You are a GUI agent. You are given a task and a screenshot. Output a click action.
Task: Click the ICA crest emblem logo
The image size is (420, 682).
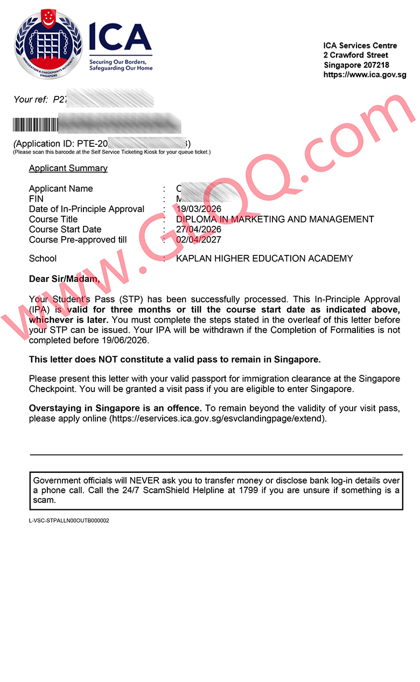[x=48, y=45]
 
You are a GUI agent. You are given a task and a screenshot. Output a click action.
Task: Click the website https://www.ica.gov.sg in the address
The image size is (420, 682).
[x=365, y=75]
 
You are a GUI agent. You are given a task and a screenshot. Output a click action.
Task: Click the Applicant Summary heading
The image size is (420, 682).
[x=68, y=168]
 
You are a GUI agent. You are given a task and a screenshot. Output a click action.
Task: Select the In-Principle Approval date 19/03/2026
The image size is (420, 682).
[x=199, y=209]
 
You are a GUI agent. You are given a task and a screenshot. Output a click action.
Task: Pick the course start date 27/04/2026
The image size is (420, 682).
[x=199, y=230]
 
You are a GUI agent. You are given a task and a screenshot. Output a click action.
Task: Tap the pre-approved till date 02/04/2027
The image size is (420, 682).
[x=199, y=240]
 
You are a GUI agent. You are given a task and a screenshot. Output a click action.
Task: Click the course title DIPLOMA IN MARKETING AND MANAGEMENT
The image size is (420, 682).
[x=275, y=219]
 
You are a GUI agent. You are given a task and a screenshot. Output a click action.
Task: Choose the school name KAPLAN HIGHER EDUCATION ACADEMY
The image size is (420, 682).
[x=264, y=259]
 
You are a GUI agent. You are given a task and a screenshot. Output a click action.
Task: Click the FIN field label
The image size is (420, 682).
[x=36, y=199]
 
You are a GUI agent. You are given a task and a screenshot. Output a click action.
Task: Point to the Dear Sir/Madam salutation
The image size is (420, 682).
[x=64, y=279]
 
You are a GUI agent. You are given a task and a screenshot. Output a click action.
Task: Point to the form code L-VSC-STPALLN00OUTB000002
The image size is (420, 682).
[x=69, y=521]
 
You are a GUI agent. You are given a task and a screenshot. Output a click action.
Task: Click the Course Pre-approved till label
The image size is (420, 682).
[x=78, y=240]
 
